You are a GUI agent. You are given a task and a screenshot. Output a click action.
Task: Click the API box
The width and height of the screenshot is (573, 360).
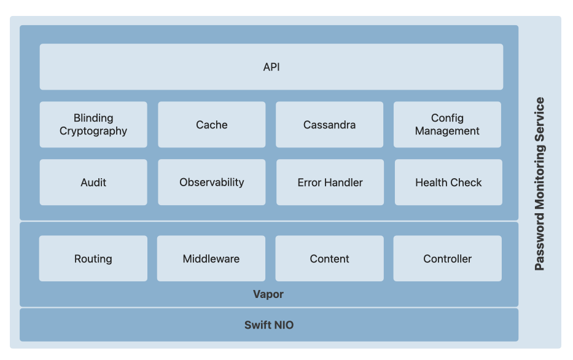pyautogui.click(x=271, y=67)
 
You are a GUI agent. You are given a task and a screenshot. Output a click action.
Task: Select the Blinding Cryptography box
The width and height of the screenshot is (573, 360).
pyautogui.click(x=93, y=125)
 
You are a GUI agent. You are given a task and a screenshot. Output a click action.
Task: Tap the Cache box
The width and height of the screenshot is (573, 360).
pyautogui.click(x=212, y=125)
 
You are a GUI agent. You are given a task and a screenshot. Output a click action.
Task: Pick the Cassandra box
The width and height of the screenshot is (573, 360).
pyautogui.click(x=329, y=125)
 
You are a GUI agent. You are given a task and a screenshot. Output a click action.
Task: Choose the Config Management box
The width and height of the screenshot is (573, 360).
pyautogui.click(x=447, y=125)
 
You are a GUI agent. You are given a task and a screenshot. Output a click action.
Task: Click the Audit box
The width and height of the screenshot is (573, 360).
pyautogui.click(x=93, y=182)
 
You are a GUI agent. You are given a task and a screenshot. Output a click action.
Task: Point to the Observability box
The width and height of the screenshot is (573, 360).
pyautogui.click(x=212, y=182)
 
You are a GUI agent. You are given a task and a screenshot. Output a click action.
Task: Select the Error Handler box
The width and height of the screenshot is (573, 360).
pyautogui.click(x=330, y=182)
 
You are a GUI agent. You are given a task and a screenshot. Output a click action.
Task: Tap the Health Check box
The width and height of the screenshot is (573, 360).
pyautogui.click(x=448, y=182)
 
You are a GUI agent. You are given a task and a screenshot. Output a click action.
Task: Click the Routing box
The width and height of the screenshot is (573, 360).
pyautogui.click(x=93, y=259)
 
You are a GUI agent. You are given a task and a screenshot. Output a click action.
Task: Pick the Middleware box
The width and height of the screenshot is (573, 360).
pyautogui.click(x=211, y=259)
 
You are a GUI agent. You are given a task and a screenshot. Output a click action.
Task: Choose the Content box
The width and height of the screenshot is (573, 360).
pyautogui.click(x=329, y=259)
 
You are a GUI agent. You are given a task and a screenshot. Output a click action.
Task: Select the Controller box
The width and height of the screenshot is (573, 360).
pyautogui.click(x=447, y=259)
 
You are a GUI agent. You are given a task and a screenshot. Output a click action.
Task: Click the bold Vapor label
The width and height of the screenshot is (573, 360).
pyautogui.click(x=268, y=294)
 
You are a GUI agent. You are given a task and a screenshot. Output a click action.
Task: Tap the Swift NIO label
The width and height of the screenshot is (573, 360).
pyautogui.click(x=269, y=325)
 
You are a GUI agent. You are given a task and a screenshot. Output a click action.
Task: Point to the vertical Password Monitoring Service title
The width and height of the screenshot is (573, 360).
pyautogui.click(x=539, y=184)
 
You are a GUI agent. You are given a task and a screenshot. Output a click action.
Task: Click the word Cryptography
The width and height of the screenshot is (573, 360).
pyautogui.click(x=93, y=131)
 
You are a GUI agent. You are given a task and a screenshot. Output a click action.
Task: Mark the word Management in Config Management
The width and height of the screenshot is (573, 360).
pyautogui.click(x=447, y=131)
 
